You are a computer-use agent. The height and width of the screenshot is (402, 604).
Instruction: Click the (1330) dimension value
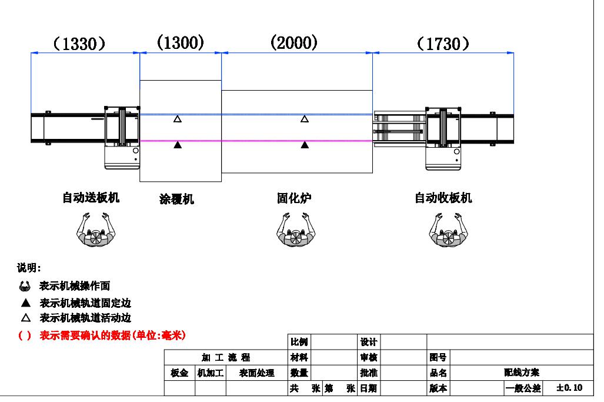[x=79, y=44]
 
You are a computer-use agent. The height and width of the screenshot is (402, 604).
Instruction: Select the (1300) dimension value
[x=181, y=42]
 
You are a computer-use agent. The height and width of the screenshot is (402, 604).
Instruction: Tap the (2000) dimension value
[x=294, y=42]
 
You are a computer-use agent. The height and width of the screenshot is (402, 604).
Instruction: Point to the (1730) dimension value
[x=443, y=44]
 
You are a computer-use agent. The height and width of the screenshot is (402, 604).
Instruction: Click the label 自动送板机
[x=91, y=198]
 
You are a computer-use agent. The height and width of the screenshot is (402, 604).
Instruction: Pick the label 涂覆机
[x=176, y=200]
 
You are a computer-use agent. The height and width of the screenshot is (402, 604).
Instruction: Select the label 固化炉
[x=294, y=198]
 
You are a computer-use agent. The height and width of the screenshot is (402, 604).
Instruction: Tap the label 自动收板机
[x=443, y=198]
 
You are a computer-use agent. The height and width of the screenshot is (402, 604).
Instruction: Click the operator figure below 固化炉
[x=296, y=231]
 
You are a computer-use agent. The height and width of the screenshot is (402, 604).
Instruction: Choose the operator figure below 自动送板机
[x=95, y=231]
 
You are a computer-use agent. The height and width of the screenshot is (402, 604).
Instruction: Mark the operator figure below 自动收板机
[x=448, y=231]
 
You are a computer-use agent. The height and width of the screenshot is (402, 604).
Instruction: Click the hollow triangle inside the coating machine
[x=178, y=119]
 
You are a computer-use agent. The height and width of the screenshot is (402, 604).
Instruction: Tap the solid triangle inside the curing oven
[x=305, y=145]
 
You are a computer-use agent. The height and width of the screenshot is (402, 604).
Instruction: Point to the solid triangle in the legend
[x=25, y=304]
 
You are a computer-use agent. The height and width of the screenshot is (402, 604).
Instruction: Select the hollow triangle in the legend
[x=25, y=318]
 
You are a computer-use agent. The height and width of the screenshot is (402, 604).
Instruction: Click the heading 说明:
[x=29, y=268]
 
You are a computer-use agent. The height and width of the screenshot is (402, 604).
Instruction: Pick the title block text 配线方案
[x=518, y=373]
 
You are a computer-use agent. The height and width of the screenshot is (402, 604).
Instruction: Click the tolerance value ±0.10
[x=569, y=388]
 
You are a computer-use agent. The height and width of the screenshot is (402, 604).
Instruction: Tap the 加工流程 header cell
[x=226, y=357]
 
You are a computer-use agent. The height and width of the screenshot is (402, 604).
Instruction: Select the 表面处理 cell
[x=257, y=373]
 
